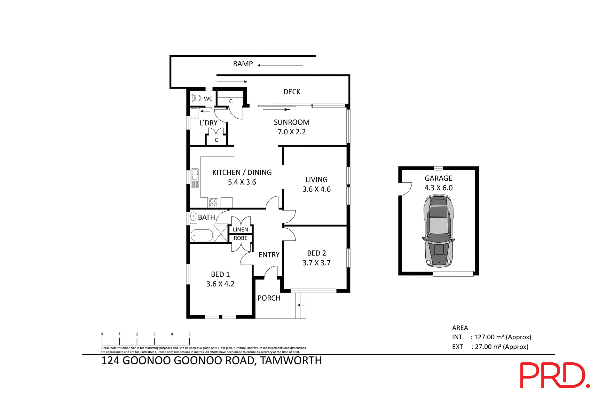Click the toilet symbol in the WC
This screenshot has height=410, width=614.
coord(196,98)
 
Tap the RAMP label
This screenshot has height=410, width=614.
coord(243,64)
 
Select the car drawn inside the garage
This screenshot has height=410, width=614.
coord(438,231)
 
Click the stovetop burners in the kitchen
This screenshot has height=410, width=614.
coord(214,203)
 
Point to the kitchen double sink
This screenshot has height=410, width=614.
coord(195,178)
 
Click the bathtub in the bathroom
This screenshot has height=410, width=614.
coord(202,236)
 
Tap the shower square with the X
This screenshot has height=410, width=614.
coord(221,233)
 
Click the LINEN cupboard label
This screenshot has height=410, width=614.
coord(240,230)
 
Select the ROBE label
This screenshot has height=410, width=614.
coord(240,238)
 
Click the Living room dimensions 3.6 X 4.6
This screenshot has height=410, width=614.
coord(316,189)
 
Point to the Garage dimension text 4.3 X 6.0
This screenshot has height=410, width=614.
coord(438,188)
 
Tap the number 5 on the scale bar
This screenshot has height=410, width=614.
coord(189,334)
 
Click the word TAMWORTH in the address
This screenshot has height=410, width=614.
coord(291,361)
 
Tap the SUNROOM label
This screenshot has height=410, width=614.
coord(291,122)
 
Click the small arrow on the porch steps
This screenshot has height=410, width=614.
coord(300,305)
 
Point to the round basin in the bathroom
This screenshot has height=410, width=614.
coord(193,217)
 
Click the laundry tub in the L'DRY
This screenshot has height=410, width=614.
coord(194,113)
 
